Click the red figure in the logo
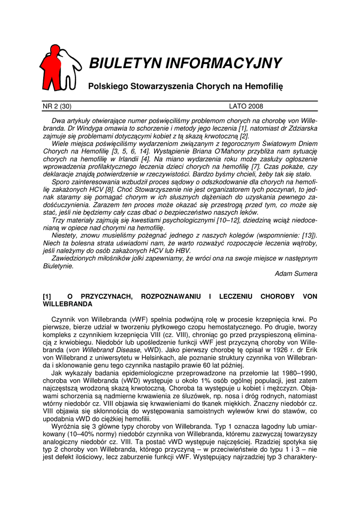click(x=51, y=67)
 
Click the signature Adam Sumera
click(x=296, y=273)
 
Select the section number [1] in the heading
click(x=48, y=296)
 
